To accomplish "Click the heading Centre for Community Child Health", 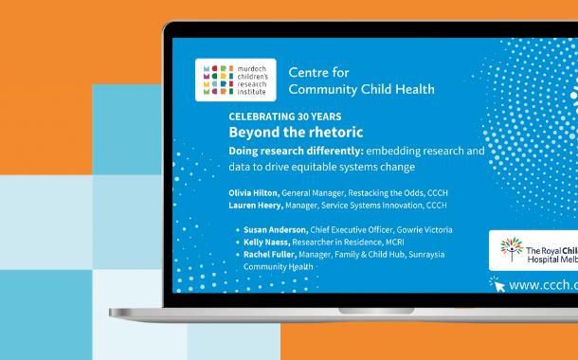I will point(361,81).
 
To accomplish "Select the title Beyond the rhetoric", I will point(296,133).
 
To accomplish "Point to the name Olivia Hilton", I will point(252,192).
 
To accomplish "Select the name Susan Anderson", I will point(274,230).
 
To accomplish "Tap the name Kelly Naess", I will point(266,243).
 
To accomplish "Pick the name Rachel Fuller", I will point(270,255).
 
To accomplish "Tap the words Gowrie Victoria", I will point(424,230).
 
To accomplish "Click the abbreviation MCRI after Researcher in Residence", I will point(403,243).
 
